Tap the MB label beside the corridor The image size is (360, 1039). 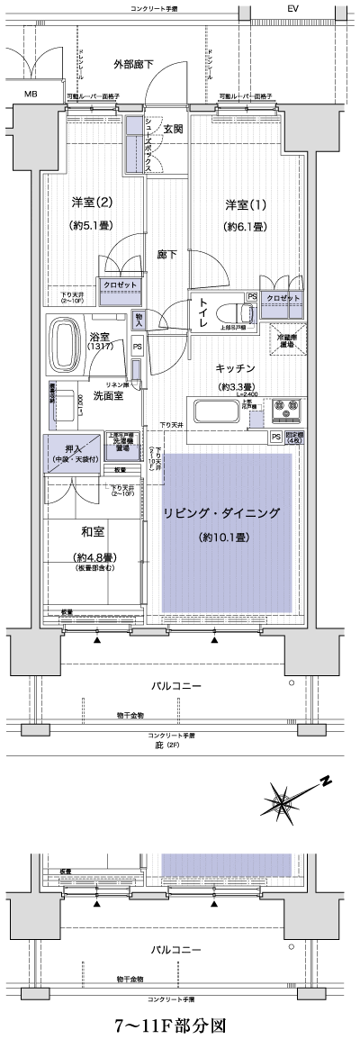pyautogui.click(x=31, y=94)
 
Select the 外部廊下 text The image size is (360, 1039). pyautogui.click(x=132, y=65)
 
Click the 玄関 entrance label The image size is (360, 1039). pyautogui.click(x=173, y=129)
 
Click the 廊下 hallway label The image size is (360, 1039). pyautogui.click(x=166, y=255)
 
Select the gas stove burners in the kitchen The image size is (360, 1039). pyautogui.click(x=286, y=411)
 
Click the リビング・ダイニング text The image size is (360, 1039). pyautogui.click(x=221, y=514)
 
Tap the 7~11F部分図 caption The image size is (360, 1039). pyautogui.click(x=176, y=1025)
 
